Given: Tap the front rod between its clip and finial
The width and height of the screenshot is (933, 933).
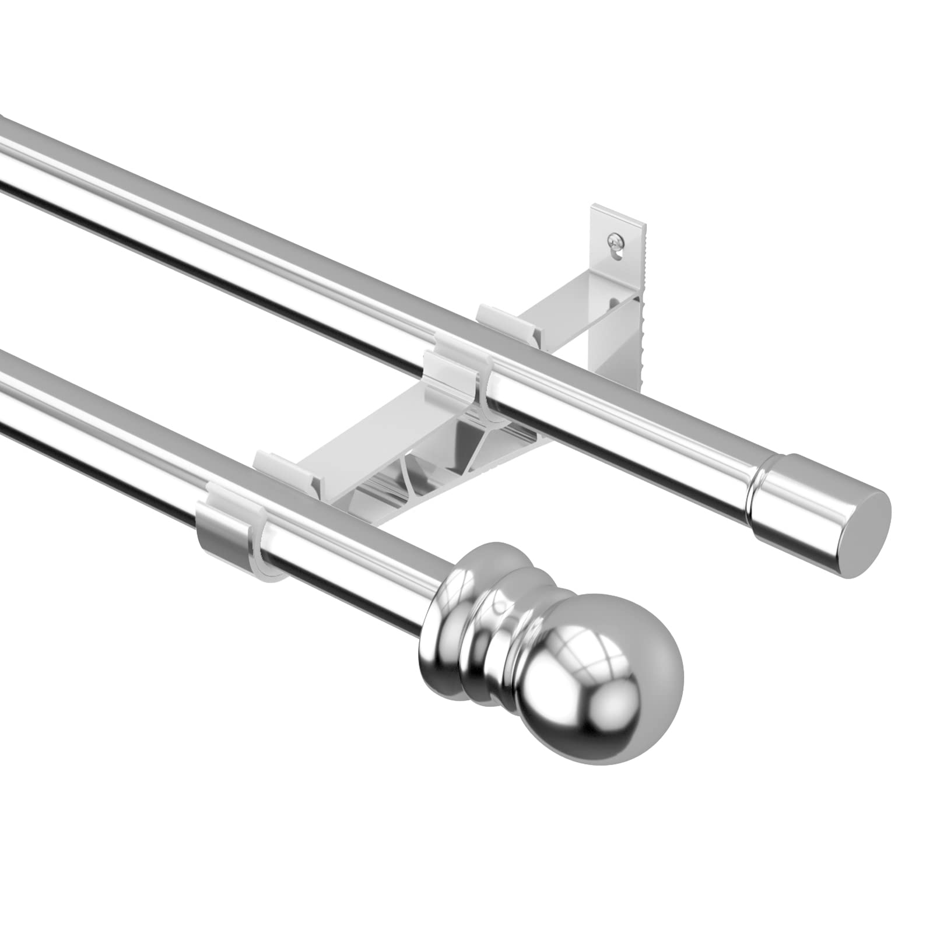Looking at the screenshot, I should point(350,560).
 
